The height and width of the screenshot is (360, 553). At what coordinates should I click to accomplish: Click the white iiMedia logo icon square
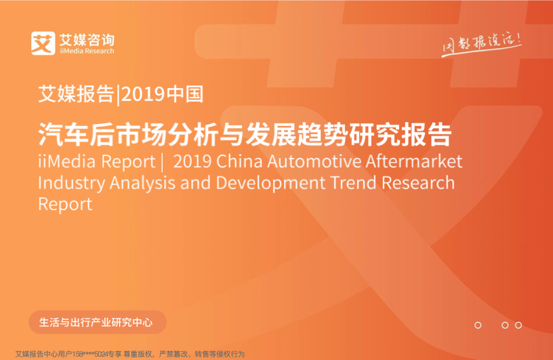tap(43, 43)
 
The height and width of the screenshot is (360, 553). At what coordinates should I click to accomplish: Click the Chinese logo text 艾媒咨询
tap(87, 40)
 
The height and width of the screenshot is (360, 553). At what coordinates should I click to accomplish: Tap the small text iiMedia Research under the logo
tap(87, 51)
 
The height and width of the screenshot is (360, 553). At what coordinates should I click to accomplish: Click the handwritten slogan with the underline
tap(482, 45)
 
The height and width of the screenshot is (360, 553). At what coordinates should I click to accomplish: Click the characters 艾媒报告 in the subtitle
tap(76, 94)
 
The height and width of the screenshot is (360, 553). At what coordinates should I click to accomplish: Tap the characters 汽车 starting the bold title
tap(63, 134)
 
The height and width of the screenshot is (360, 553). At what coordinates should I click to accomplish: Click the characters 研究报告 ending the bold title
tap(401, 134)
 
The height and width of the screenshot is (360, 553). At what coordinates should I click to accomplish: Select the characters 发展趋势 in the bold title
tap(297, 134)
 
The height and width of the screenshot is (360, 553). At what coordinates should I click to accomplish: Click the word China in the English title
tap(239, 161)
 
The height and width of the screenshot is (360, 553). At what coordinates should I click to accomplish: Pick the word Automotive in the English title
tap(314, 161)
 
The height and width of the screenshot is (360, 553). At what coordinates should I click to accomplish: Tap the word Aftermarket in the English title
tap(413, 161)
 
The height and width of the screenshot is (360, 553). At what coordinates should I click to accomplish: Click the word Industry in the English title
tap(72, 184)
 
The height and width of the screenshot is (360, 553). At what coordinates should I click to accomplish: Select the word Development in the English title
tap(270, 184)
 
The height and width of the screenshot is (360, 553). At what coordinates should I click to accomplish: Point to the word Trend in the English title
tap(353, 182)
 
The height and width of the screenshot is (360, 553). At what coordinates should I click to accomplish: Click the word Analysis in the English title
tap(142, 184)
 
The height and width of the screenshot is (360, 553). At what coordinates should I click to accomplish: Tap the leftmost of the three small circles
tap(478, 325)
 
